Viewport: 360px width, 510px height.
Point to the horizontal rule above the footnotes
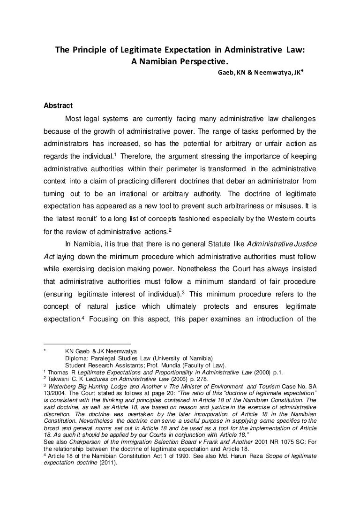[x=86, y=344]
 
